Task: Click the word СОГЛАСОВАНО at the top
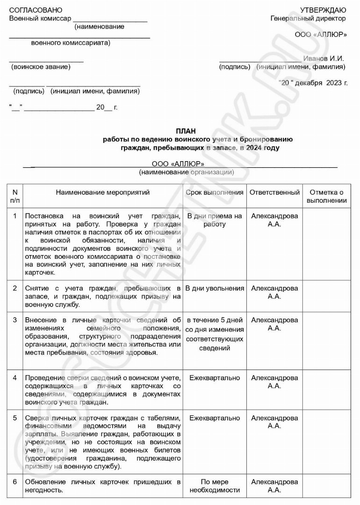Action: (36, 10)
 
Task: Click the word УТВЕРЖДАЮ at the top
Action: (323, 10)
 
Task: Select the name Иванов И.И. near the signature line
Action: (324, 58)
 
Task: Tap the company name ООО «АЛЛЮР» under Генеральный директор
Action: (321, 35)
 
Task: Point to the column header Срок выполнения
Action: (215, 192)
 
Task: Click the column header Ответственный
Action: (274, 192)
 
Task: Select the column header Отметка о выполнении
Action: (327, 196)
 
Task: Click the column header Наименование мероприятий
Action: (103, 192)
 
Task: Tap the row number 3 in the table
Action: (15, 320)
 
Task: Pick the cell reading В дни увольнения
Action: (215, 288)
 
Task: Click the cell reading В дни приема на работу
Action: (215, 220)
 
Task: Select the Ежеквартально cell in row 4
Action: (215, 377)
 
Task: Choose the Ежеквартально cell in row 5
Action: (215, 418)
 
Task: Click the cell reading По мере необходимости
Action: (215, 486)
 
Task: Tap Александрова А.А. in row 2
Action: (274, 292)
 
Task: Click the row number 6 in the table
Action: (15, 482)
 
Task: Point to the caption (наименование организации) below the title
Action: (187, 172)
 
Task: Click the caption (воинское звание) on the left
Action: (41, 67)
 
